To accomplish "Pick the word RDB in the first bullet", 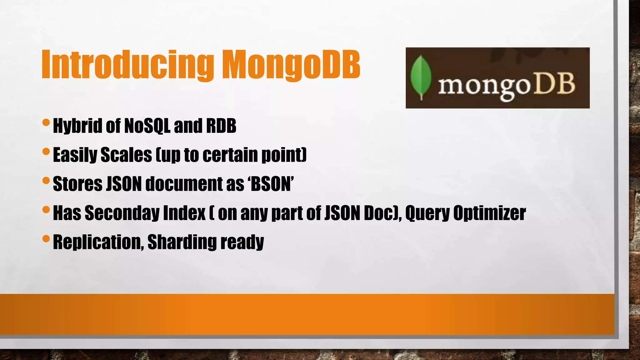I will tap(221, 126).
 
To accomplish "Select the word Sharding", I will tap(182, 242).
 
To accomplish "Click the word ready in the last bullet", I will tap(242, 242).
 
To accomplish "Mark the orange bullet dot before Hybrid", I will tap(46, 122).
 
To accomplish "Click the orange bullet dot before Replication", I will tap(46, 239).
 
